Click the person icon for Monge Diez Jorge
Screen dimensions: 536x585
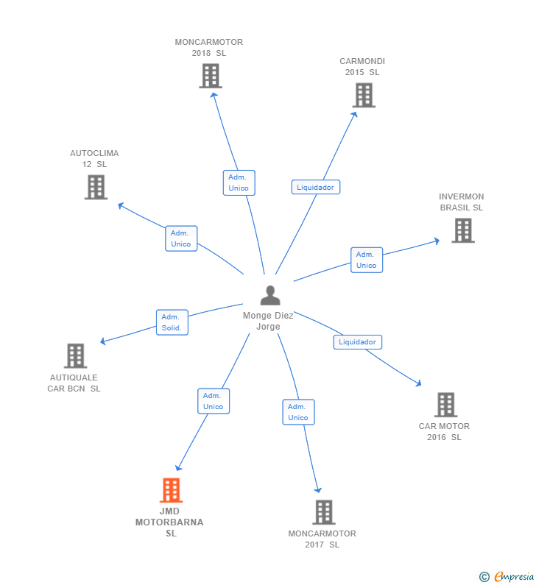(x=270, y=295)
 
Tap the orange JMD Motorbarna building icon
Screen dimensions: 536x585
(x=172, y=490)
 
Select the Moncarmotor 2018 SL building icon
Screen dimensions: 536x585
(x=211, y=76)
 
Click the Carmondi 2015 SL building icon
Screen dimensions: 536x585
(x=364, y=95)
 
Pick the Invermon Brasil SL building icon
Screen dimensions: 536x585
(x=463, y=230)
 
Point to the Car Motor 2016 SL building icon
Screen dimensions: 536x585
(x=446, y=405)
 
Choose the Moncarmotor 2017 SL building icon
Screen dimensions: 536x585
(x=324, y=512)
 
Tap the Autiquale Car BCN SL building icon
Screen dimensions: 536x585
(x=75, y=355)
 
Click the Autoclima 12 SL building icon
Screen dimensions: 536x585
(x=96, y=188)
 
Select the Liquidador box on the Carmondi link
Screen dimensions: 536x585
(x=316, y=187)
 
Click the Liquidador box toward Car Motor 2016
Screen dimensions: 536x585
(x=358, y=341)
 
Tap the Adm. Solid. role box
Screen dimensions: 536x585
(x=172, y=322)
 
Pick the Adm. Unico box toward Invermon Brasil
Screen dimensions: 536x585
(x=367, y=260)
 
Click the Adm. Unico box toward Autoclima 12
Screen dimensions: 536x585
(x=181, y=238)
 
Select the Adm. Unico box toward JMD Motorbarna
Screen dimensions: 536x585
(x=214, y=401)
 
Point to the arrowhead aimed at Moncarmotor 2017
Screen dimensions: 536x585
(x=317, y=489)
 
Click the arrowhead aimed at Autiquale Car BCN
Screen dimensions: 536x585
(x=103, y=341)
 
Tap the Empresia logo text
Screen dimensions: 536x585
(x=514, y=576)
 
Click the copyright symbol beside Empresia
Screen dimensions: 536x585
(x=484, y=577)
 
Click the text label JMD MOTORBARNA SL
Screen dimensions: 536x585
(x=169, y=522)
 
